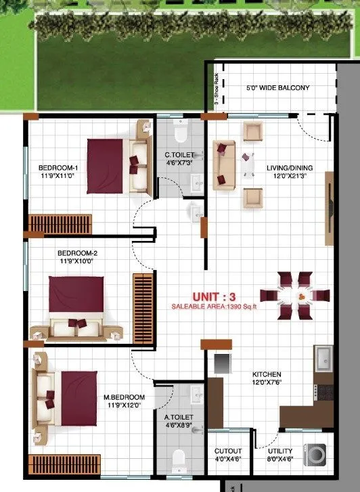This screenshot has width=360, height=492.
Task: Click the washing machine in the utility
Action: (x=315, y=455)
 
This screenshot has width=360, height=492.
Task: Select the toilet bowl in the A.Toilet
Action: (x=179, y=460)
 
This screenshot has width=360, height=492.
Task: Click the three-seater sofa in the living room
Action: (x=223, y=164)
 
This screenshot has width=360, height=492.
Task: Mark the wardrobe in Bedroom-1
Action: (x=60, y=223)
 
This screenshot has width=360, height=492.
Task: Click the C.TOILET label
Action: (x=179, y=158)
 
